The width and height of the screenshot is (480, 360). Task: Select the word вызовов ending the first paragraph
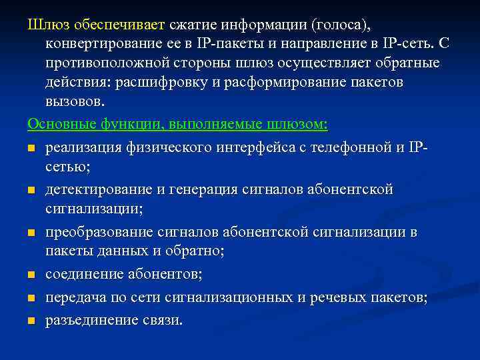tap(75, 102)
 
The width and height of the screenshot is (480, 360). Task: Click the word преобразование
tap(102, 233)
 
